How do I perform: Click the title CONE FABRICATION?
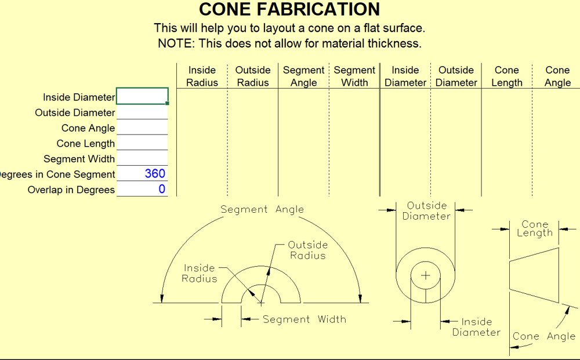289,9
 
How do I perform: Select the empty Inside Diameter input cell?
143,96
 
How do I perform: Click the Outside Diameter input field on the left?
143,112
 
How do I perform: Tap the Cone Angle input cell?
143,128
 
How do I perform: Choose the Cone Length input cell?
143,143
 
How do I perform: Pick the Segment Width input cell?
143,158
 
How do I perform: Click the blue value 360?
155,174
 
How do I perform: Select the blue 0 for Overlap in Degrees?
162,189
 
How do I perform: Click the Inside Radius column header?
202,76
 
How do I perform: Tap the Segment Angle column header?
304,76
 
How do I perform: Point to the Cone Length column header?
507,76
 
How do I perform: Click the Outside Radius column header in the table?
253,76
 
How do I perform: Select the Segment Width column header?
354,76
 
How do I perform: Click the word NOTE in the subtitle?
175,43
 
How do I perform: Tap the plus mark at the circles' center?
426,275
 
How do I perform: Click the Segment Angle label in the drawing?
262,209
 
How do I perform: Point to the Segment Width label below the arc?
304,319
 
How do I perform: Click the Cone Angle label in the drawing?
544,336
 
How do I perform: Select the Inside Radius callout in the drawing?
199,273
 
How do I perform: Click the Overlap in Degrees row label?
71,190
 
